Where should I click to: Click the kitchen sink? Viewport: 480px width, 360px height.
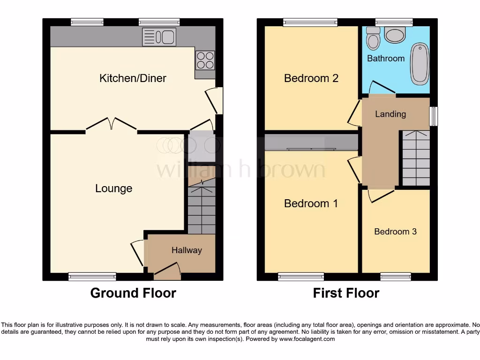tap(159, 37)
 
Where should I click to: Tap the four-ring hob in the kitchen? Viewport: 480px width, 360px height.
tap(205, 60)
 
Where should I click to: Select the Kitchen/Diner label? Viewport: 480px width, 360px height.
tap(133, 78)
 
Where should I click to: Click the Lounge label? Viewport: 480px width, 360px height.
tap(113, 188)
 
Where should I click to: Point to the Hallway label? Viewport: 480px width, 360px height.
tap(186, 250)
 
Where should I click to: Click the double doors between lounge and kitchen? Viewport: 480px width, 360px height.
tap(111, 124)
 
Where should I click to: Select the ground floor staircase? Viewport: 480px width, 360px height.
tap(202, 209)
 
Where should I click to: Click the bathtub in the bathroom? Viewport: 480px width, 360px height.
tap(420, 63)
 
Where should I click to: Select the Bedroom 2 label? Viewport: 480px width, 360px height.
tap(311, 78)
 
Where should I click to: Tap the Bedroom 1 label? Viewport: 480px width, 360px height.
tap(311, 203)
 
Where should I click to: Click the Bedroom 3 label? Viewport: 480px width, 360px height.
tap(395, 232)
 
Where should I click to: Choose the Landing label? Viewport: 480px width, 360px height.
tap(390, 114)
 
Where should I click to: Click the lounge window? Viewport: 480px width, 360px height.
tap(92, 277)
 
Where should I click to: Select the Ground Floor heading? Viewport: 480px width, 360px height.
tap(133, 293)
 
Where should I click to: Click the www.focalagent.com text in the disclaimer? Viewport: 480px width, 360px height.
tap(307, 339)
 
